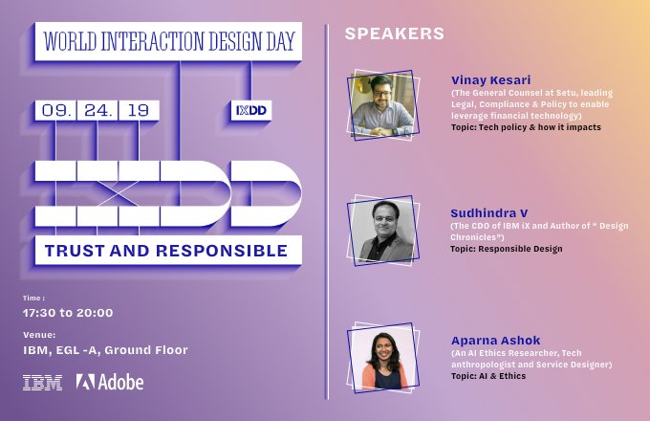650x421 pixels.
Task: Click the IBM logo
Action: coord(43,382)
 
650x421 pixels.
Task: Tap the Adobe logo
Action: coord(110,382)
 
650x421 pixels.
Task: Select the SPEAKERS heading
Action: coord(394,33)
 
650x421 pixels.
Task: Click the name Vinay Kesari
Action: coord(489,79)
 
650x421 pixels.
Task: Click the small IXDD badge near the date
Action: coord(251,110)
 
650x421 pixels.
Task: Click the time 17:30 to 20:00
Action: coord(68,313)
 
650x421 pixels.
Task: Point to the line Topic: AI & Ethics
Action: coord(487,376)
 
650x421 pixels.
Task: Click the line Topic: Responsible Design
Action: coord(506,249)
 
